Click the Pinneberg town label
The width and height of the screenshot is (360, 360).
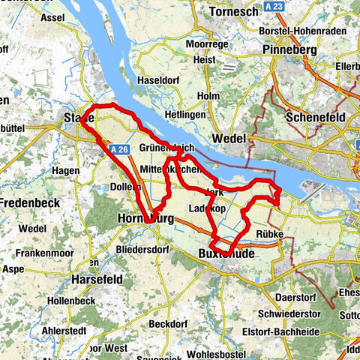292,49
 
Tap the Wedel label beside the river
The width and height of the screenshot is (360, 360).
229,139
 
